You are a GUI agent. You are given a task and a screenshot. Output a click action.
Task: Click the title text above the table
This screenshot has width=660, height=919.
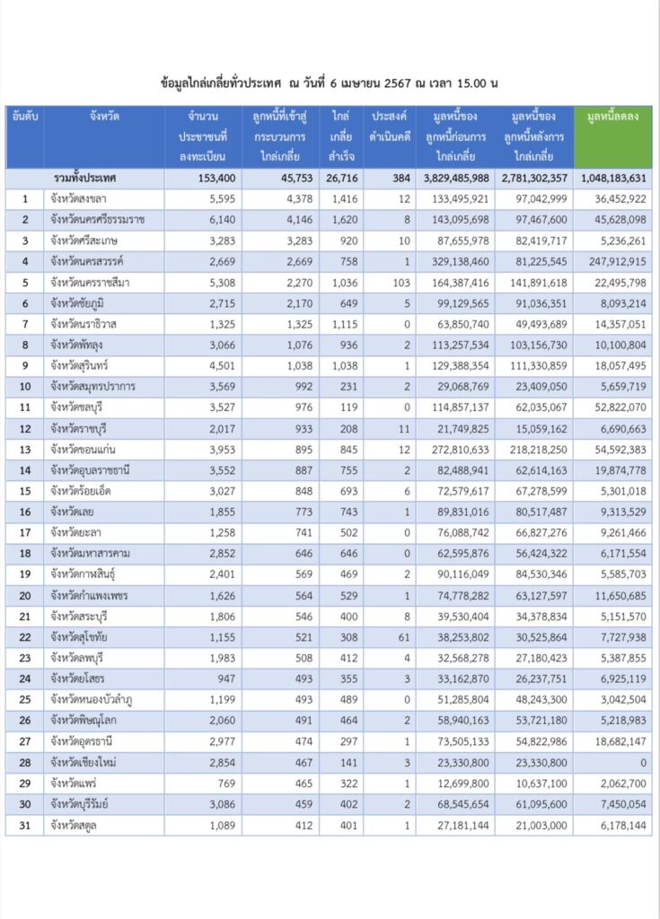tap(329, 83)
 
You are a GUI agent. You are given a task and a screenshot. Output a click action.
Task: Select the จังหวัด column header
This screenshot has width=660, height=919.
tap(104, 118)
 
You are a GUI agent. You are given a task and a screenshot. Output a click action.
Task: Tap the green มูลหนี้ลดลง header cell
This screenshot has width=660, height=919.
tap(612, 118)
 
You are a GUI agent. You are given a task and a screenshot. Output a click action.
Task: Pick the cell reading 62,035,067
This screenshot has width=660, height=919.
tap(534, 407)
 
